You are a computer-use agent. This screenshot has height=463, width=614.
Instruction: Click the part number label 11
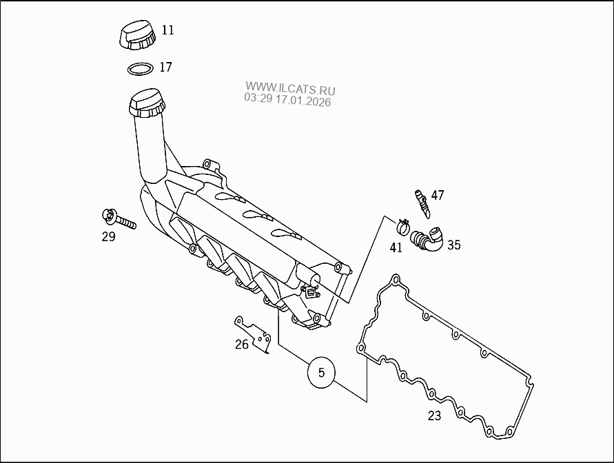168,30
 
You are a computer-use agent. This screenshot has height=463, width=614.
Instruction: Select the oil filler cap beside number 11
136,35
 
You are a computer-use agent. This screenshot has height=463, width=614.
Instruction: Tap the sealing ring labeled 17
141,69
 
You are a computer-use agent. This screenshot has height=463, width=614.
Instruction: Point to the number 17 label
165,68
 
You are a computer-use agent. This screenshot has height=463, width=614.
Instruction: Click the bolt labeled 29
119,220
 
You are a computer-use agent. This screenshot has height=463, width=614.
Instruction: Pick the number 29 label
109,237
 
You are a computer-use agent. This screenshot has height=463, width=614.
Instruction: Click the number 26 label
241,344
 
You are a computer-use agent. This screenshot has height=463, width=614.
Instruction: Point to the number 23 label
434,415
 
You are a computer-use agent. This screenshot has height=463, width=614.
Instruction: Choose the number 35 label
454,245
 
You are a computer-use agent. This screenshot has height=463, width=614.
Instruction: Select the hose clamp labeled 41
404,225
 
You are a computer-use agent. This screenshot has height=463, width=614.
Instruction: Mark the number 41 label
396,247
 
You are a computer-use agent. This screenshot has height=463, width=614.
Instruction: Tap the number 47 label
438,195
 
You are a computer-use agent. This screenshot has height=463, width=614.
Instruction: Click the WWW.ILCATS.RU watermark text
290,89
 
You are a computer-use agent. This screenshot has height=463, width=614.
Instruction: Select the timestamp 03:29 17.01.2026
287,101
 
